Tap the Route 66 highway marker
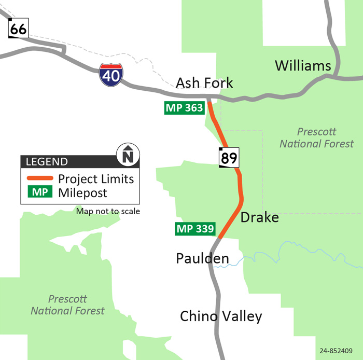[18, 29]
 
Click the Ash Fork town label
[204, 82]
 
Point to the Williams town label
[303, 65]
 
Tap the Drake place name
[259, 217]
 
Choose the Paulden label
[202, 258]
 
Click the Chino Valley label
[221, 316]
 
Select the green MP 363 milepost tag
[184, 108]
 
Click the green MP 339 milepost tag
[196, 229]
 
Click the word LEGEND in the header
[47, 161]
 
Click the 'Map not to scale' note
[108, 211]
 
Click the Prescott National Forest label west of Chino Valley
[67, 305]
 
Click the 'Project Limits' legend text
[96, 179]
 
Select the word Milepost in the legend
[83, 192]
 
